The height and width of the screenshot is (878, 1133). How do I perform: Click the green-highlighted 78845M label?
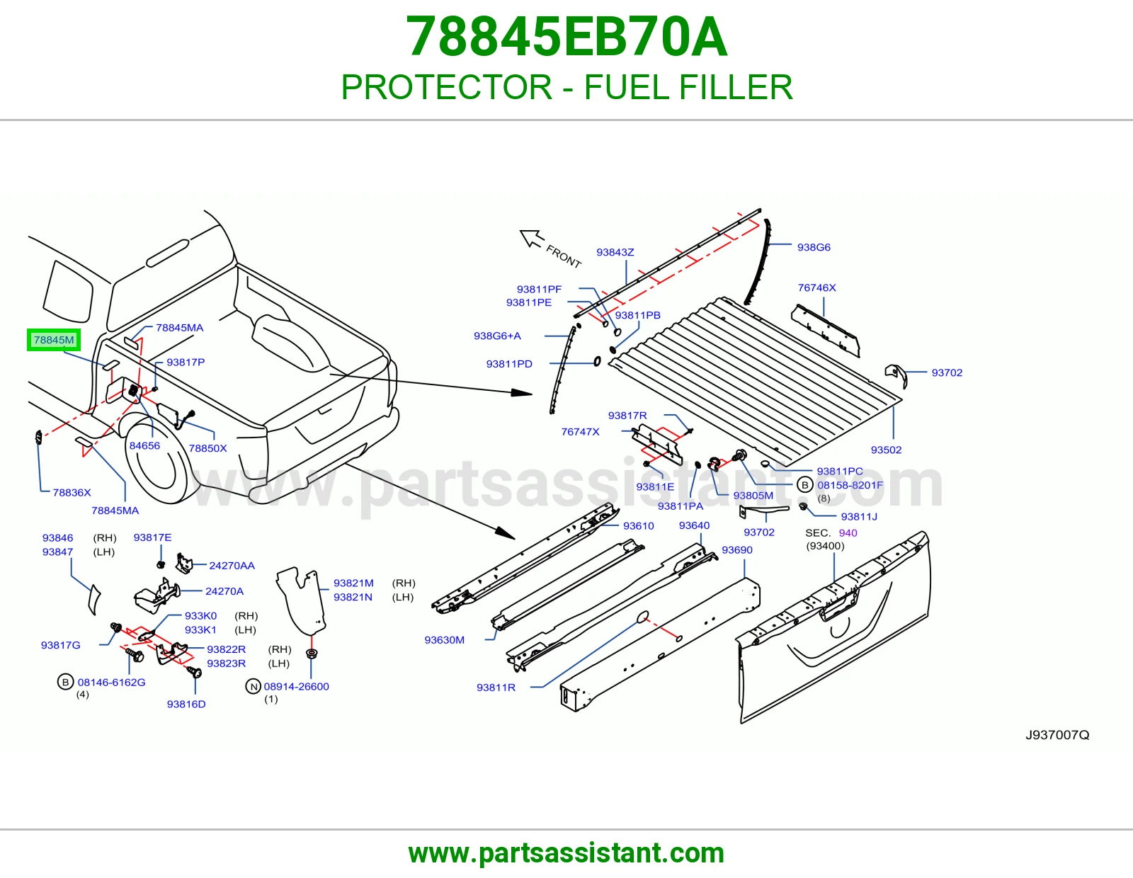pyautogui.click(x=54, y=340)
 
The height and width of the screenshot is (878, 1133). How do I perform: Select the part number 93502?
pyautogui.click(x=886, y=450)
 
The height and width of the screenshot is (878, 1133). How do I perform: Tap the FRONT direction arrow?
pyautogui.click(x=531, y=239)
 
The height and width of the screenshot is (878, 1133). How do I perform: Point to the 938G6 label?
pyautogui.click(x=814, y=247)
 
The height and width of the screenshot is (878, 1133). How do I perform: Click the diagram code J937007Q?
pyautogui.click(x=1057, y=735)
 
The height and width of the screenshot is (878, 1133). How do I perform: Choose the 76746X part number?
pyautogui.click(x=816, y=287)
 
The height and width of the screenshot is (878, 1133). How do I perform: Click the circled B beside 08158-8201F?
pyautogui.click(x=804, y=485)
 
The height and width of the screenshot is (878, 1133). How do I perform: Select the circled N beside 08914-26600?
pyautogui.click(x=254, y=687)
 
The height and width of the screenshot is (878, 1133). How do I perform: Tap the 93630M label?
pyautogui.click(x=444, y=639)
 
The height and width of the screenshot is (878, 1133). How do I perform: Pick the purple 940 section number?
pyautogui.click(x=848, y=533)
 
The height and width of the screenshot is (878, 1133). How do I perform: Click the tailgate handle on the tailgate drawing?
pyautogui.click(x=839, y=604)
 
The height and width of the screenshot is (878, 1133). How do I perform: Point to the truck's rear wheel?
pyautogui.click(x=155, y=459)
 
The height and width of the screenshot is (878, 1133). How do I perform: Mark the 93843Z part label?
pyautogui.click(x=615, y=252)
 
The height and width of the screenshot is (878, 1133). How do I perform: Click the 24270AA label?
pyautogui.click(x=232, y=565)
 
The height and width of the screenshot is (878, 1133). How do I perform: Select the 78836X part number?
pyautogui.click(x=72, y=492)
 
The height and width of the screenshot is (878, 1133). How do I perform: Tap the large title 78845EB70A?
pyautogui.click(x=566, y=37)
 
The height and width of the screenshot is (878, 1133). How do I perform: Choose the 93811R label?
pyautogui.click(x=496, y=687)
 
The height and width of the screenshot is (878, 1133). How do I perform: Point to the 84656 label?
pyautogui.click(x=144, y=445)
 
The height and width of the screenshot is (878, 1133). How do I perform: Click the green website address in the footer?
pyautogui.click(x=566, y=853)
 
